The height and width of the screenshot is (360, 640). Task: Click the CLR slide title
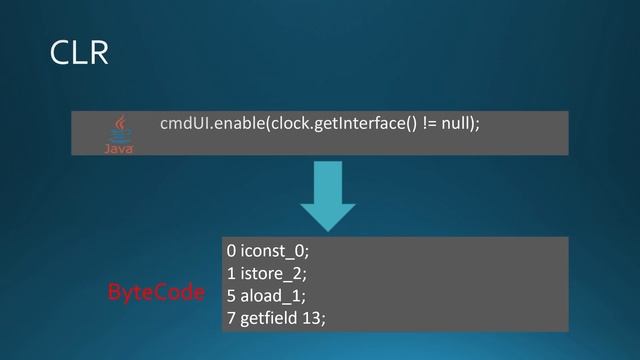(x=79, y=53)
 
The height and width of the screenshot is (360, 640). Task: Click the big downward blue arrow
(x=327, y=196)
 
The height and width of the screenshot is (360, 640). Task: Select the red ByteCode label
(x=155, y=293)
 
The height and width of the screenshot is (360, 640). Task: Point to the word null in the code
(x=457, y=123)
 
